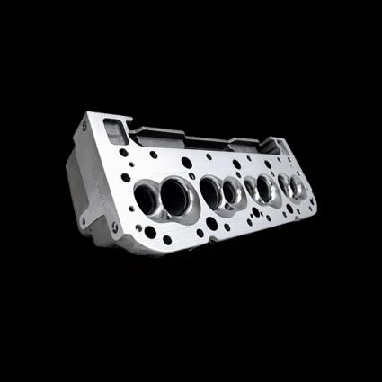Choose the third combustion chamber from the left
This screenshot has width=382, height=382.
click(x=261, y=189)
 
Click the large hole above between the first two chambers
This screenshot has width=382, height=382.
click(x=186, y=164)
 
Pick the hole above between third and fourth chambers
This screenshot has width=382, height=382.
click(x=275, y=166)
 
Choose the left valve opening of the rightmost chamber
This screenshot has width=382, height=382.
click(x=285, y=185)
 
